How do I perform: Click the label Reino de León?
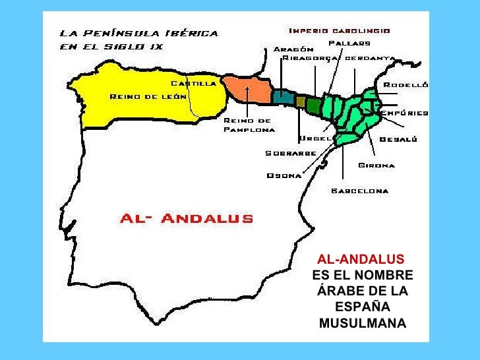pos(144,97)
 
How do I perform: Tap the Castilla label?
pos(193,84)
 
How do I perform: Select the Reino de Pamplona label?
pos(248,125)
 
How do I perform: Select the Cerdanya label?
pos(369,58)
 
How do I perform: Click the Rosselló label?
pos(406,85)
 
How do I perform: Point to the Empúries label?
pos(404,113)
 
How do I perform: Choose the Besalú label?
pos(398,139)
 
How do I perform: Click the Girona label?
pos(376,165)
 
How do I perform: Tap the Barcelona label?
pos(359,191)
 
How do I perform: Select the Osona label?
pos(284,175)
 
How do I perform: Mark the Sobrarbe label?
pos(291,153)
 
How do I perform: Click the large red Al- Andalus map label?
pos(187,219)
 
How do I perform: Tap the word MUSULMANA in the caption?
pos(363,323)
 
